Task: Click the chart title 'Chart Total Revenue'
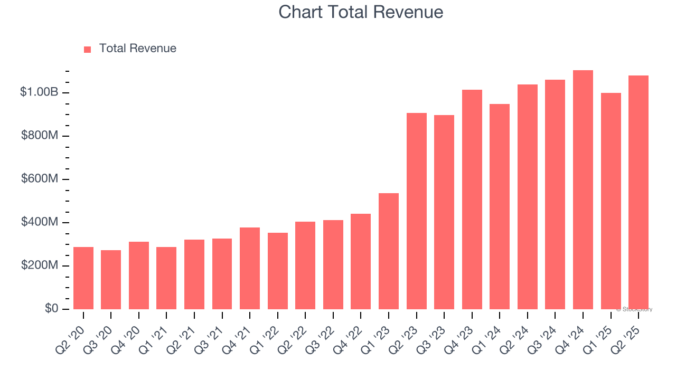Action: coord(361,12)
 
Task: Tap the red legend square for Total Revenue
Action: coord(88,49)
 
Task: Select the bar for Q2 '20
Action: coord(83,278)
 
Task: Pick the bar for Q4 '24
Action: coord(583,190)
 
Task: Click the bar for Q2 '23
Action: coord(417,211)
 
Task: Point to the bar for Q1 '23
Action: coord(389,251)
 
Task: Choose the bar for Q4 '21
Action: coord(250,268)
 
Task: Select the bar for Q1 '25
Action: coord(611,201)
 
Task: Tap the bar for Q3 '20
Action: coord(111,280)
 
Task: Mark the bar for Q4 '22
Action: coord(361,261)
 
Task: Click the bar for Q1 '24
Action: coord(500,206)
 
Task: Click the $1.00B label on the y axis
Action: coord(39,92)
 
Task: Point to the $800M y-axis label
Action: coord(40,136)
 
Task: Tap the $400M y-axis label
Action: coord(40,222)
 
